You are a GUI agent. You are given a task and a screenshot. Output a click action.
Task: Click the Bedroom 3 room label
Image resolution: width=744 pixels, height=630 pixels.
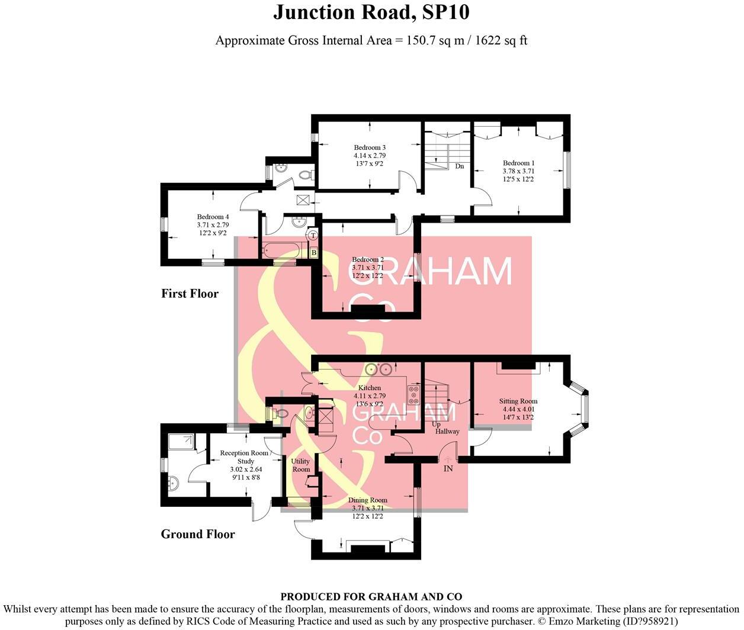point(370,147)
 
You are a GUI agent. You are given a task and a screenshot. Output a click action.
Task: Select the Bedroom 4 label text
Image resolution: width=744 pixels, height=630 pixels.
point(213,217)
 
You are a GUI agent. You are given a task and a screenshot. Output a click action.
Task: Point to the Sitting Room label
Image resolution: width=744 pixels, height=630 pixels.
point(519,401)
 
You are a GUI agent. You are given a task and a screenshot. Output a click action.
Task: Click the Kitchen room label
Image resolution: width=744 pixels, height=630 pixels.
point(370,388)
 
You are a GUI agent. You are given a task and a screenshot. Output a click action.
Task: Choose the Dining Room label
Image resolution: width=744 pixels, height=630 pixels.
point(367,500)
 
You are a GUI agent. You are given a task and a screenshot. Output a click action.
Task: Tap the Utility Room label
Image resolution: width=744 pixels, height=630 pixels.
point(301,465)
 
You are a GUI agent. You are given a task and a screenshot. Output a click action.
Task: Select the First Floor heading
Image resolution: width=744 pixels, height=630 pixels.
point(190,294)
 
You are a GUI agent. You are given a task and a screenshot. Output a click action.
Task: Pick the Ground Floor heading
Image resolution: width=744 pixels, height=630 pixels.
point(198,535)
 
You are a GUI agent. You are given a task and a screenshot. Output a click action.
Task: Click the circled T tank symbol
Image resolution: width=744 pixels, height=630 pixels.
point(313,236)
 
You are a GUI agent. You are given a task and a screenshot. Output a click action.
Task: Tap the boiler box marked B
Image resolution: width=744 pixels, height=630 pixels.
point(313,253)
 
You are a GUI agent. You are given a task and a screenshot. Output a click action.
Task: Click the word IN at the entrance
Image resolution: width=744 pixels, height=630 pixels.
point(448,468)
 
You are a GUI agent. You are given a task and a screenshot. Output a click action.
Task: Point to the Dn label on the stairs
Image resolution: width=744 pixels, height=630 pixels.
point(460,166)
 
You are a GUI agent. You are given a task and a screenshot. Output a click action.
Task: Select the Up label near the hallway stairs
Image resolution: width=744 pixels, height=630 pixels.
point(436,425)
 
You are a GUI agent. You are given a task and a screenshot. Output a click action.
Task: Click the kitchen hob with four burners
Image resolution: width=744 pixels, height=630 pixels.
point(413,394)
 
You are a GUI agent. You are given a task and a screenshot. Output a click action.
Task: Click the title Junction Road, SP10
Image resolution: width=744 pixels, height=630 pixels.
point(371,13)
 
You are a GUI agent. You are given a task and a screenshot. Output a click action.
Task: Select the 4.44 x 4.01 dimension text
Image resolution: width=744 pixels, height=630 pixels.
point(519,409)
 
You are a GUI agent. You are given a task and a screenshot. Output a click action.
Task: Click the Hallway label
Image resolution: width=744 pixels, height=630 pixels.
point(447,432)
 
